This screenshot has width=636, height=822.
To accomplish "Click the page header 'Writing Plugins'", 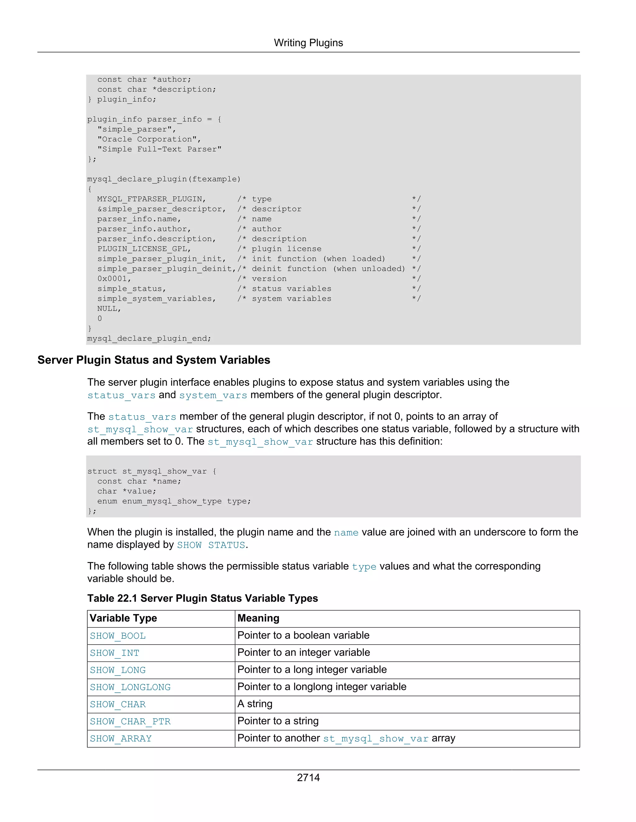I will coord(308,43).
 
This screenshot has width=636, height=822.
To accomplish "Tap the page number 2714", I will coord(308,777).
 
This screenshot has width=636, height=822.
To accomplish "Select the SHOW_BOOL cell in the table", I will coord(118,636).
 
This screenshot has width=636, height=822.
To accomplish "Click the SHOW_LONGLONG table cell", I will coord(130,687).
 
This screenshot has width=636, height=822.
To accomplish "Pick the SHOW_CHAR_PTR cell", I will coord(130,721).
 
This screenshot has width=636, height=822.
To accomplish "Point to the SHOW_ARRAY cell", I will coord(120,739).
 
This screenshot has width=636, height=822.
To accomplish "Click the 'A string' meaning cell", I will coord(255,704).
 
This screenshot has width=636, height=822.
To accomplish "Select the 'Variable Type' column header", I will coord(123,618).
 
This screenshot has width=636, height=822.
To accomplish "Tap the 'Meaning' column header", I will coord(258,618).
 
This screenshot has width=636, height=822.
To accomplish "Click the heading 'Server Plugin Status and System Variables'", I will coord(154,360).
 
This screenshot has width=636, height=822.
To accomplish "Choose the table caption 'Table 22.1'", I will coord(202,598).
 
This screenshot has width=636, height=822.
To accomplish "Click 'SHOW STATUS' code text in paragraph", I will coord(211,545).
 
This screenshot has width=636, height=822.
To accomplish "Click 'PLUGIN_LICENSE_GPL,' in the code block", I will coord(144,249).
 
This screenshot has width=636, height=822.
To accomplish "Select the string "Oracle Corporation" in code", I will coord(149,139).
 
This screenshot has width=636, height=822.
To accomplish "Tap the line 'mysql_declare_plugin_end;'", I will coord(149,338).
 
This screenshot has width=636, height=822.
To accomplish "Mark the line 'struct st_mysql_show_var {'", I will coord(152,471).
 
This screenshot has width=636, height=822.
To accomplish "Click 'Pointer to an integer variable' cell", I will coord(304,653).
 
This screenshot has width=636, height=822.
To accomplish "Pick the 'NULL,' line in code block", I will coord(109,309).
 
